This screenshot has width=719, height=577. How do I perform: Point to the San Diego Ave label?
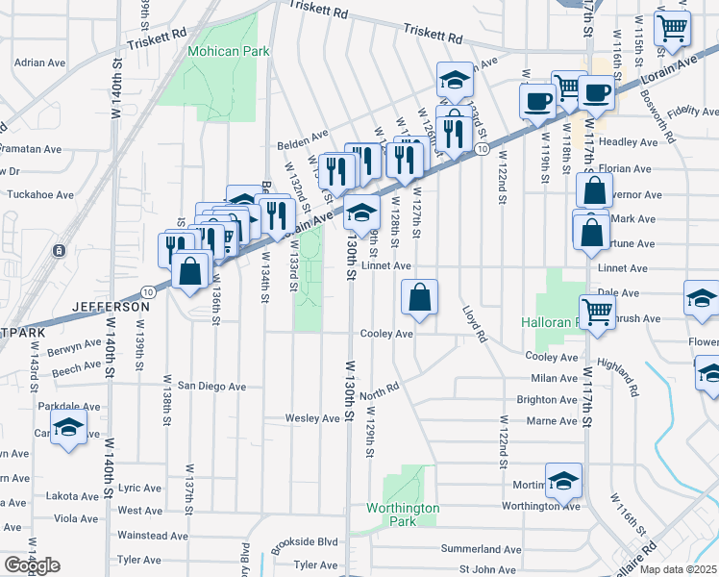point(211,387)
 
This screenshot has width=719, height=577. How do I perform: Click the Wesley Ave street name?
point(312,418)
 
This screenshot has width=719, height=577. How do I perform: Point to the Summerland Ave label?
point(481,549)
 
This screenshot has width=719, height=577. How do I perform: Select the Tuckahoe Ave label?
point(39,194)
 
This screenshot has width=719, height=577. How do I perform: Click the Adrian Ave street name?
point(38,63)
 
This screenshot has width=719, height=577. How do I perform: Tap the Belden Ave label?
point(303,134)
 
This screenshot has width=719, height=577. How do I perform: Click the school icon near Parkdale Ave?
point(69,429)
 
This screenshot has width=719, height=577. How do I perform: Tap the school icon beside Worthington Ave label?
point(563,480)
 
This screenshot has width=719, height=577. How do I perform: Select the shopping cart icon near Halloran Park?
point(598,312)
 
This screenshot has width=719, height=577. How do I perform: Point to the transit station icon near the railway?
point(60,251)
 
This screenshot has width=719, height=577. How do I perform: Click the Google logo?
point(32,565)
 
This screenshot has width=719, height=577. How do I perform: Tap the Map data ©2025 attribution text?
point(678,569)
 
